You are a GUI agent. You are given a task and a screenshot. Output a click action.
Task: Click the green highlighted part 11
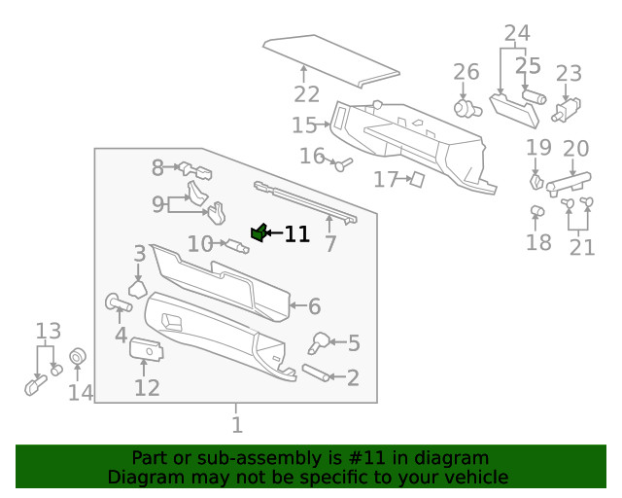pos(259,231)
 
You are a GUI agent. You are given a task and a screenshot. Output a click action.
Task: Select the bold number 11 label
pos(296,234)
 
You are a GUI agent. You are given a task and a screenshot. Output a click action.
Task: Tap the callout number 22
pos(307,94)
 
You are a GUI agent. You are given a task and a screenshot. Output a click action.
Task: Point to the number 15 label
pos(304,125)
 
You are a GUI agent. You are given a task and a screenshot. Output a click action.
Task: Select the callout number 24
pos(517,35)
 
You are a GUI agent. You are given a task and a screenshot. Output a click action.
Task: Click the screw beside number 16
pos(343,164)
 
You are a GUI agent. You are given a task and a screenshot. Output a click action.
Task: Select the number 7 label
pos(330,243)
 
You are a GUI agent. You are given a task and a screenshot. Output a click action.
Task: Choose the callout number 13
pos(48,331)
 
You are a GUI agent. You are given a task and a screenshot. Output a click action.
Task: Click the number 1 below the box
pos(236,424)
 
